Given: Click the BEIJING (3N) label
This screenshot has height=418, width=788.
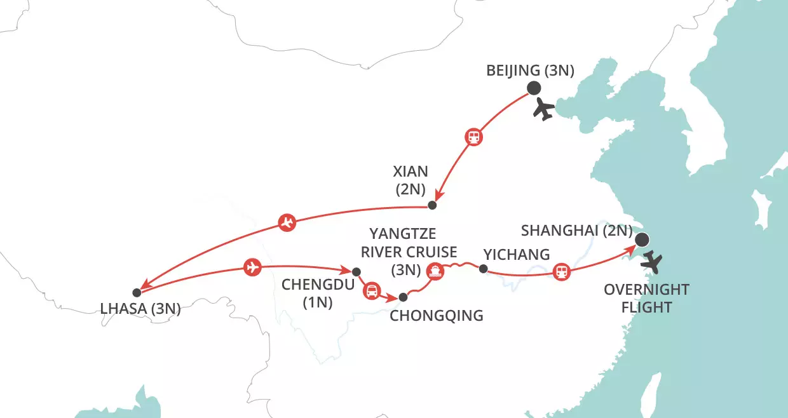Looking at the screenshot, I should coord(530,71).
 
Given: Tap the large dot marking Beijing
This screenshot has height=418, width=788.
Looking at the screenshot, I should coord(534,89).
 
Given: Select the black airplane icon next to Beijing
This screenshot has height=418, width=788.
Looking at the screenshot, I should coord(545,109).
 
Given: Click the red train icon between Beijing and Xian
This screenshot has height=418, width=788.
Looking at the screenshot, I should coord(473,137).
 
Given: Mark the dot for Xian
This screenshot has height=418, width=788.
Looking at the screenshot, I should coord(433,205).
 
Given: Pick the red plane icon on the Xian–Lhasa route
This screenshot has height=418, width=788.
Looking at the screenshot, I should coord(287,222).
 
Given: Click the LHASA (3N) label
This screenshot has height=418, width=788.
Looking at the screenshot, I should coord(141,310).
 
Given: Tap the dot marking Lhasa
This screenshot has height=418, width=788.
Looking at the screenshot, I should coord(136,293).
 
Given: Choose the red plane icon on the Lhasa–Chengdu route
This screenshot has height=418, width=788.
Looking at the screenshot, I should coord(252,267).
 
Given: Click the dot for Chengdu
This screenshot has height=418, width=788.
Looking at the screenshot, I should coord(357,271).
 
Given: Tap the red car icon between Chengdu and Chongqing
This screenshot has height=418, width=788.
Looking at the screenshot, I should coord(370,291).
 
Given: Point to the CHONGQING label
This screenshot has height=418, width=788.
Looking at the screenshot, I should coord(436,315).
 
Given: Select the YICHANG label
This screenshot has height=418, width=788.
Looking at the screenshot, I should coord(516,255).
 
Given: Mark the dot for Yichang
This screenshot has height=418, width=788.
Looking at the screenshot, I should coord(483,270).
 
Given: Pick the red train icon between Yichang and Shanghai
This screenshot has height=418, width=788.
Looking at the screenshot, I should coord(561,272).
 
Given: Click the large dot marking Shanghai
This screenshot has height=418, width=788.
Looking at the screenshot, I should coord(642,239).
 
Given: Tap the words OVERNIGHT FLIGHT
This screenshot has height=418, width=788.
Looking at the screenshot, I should coord(646,299).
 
